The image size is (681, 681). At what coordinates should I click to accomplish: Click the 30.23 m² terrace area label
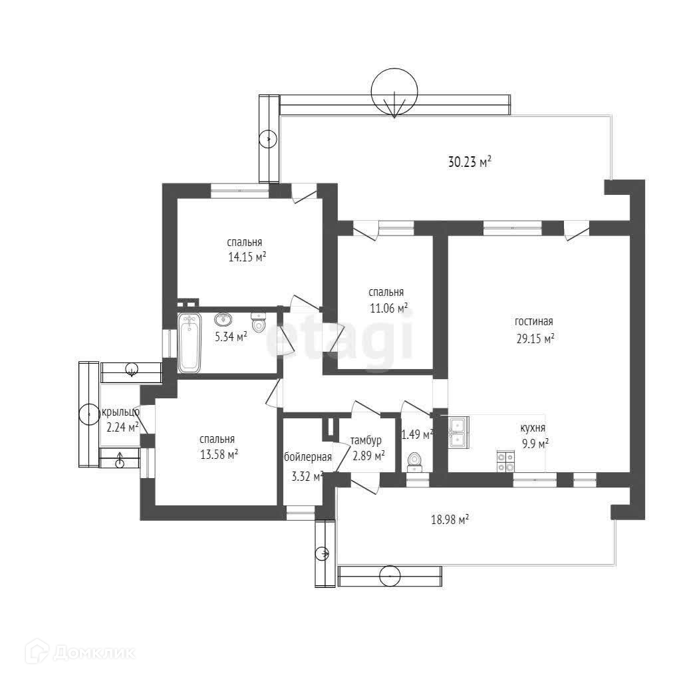coord(470,161)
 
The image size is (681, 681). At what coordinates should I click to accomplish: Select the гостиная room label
coord(533,322)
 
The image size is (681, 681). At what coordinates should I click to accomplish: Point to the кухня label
coord(533,428)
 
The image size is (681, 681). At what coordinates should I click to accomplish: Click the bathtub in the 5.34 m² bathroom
coord(190,342)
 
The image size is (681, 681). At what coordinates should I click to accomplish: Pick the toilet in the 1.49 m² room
coord(415,460)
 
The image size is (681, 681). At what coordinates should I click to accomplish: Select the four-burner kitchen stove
coord(505,461)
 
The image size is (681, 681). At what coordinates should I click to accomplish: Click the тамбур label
coord(366,440)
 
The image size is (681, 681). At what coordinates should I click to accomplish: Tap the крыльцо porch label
coord(120,412)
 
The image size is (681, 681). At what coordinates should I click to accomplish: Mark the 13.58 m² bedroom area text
coord(219,454)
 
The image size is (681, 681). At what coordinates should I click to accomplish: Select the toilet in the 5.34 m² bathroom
coord(259,324)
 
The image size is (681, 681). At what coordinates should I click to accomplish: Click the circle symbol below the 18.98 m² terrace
coord(389,575)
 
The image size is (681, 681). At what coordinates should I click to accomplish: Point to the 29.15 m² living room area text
coord(535,338)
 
